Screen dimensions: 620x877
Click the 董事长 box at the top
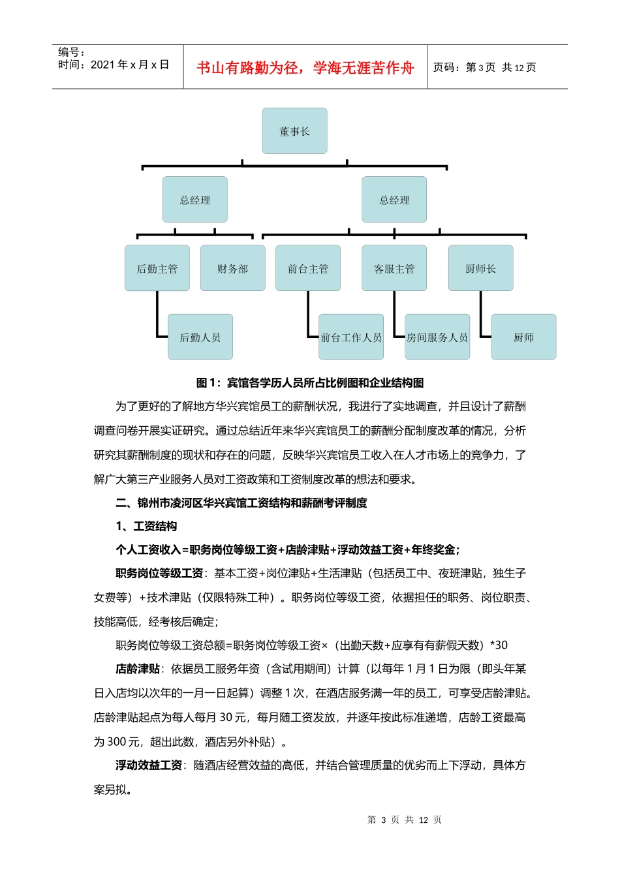[x=294, y=131]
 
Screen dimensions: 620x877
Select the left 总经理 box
[x=195, y=200]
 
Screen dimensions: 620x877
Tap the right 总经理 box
[x=394, y=200]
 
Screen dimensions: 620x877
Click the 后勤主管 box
[x=157, y=268]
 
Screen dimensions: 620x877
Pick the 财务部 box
[x=232, y=268]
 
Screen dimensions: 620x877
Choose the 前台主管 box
[x=308, y=268]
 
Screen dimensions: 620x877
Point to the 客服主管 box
[x=394, y=268]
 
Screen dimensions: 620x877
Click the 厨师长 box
[x=480, y=268]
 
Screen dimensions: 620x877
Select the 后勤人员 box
[x=200, y=337]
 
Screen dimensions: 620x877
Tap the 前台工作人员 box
[x=351, y=337]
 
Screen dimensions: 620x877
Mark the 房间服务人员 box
[x=437, y=337]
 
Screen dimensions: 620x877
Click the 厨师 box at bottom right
[x=523, y=337]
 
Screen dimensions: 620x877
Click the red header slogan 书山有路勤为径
[x=305, y=68]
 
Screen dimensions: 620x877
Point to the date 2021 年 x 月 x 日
[x=129, y=65]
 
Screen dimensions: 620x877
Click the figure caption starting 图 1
[x=310, y=382]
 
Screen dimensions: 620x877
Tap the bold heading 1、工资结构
[x=146, y=526]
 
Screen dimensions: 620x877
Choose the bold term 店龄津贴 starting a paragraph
[x=138, y=669]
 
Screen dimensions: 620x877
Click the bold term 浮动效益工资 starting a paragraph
[x=149, y=765]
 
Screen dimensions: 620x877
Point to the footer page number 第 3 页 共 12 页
[x=405, y=820]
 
